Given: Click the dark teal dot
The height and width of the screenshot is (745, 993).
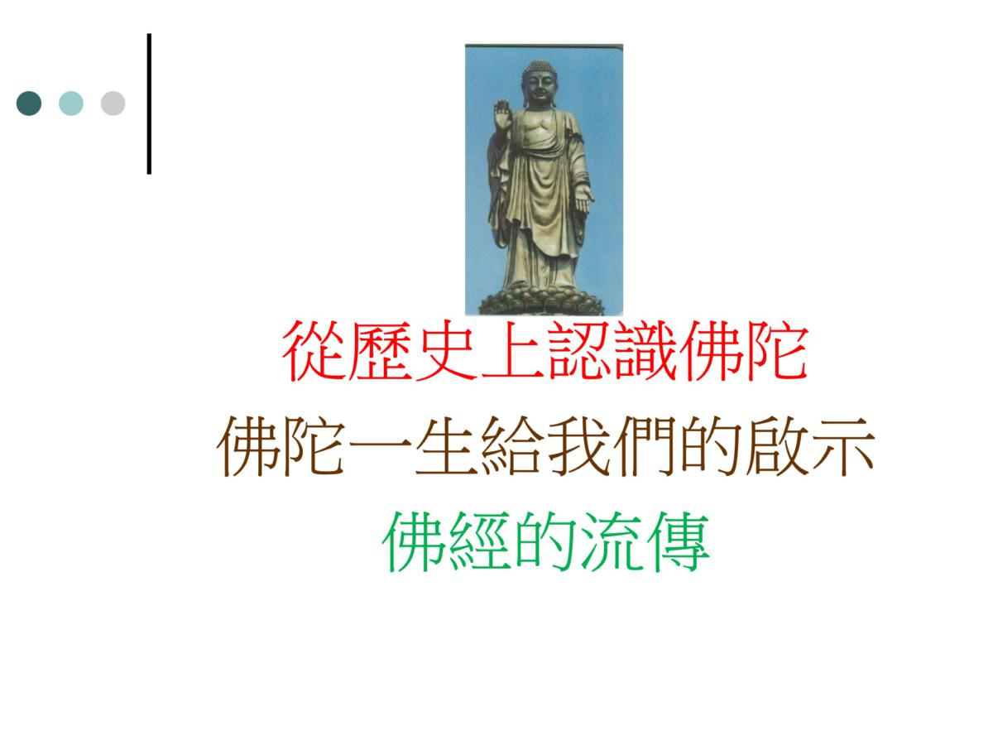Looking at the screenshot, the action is tap(29, 103).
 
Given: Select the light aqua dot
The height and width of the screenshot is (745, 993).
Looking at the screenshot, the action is tap(71, 103).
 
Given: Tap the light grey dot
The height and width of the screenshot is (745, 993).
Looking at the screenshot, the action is tap(113, 103).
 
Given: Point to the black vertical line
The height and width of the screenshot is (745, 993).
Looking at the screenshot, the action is tap(149, 103).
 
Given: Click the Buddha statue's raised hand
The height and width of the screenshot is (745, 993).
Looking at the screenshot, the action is tap(502, 114).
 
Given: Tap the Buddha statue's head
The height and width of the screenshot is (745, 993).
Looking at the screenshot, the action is tap(539, 83).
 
